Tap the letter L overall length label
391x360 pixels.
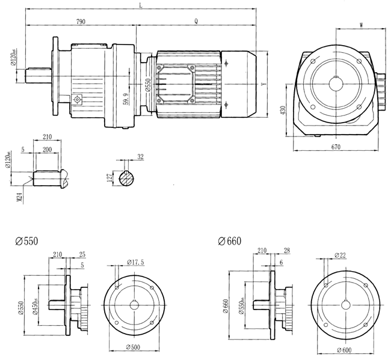(140, 5)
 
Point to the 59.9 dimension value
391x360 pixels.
(125, 96)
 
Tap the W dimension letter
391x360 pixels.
(361, 25)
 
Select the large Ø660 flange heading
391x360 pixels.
(230, 242)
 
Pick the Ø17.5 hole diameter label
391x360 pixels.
(137, 263)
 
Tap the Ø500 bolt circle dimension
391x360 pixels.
(134, 347)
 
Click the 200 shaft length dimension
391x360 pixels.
(47, 147)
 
